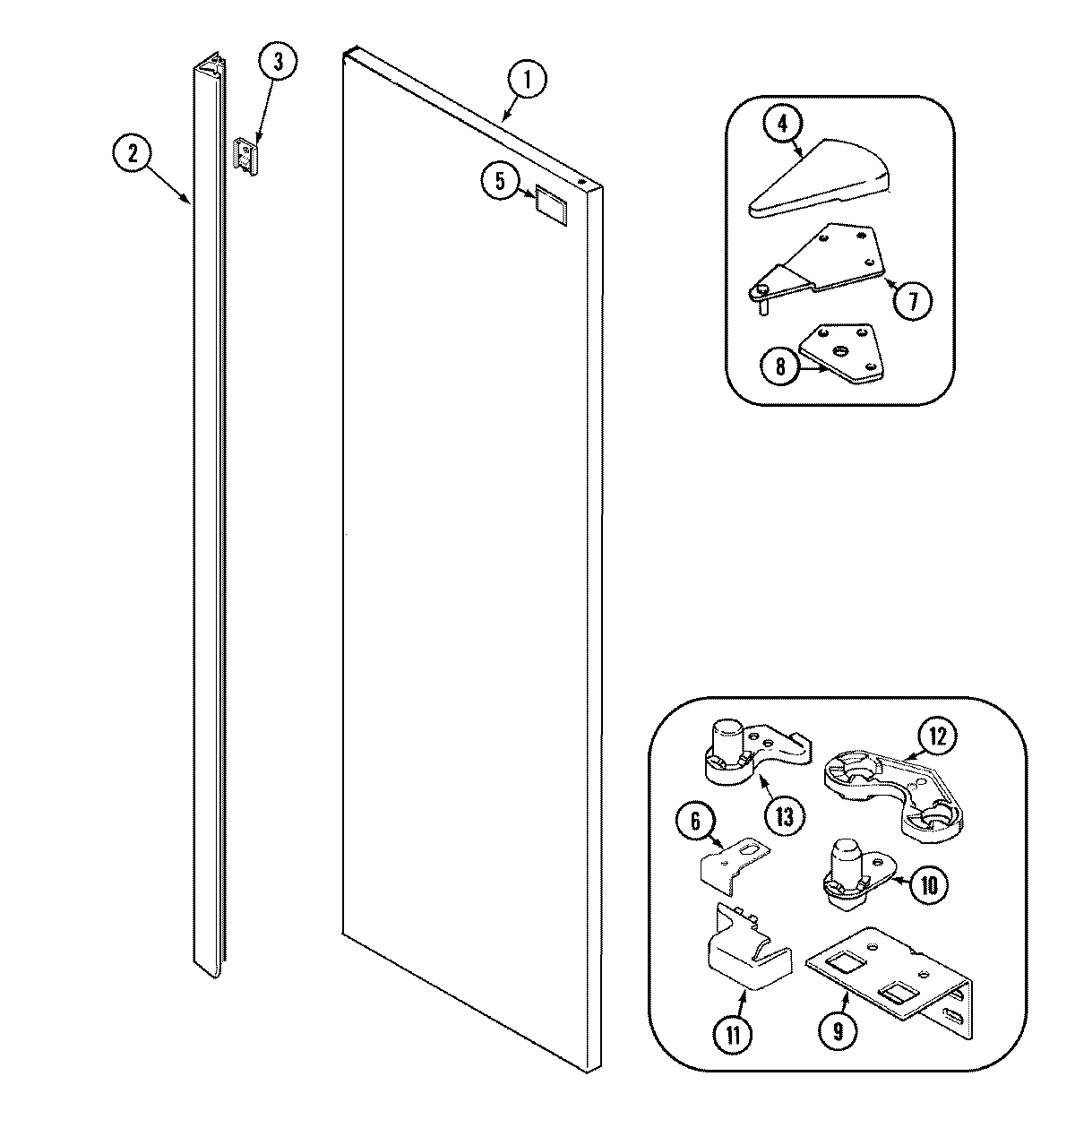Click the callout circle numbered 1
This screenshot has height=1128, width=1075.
(x=528, y=80)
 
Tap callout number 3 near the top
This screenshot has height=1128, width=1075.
(x=277, y=63)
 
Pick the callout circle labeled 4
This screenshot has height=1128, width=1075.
(x=782, y=125)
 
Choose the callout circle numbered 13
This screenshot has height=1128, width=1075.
(x=784, y=815)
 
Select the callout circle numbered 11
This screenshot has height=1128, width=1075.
(x=733, y=1036)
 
